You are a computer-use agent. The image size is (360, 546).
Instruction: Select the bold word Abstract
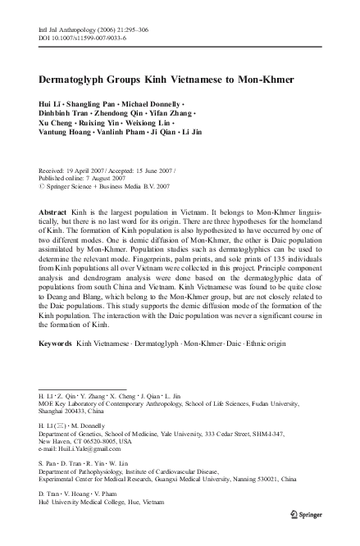[53, 211]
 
